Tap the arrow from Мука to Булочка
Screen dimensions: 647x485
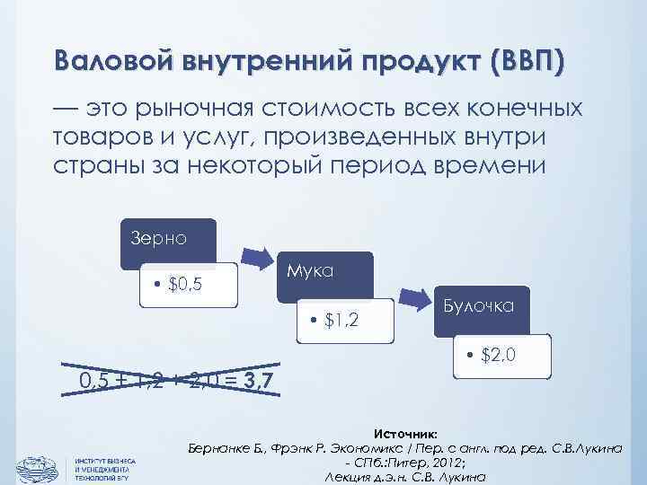pyautogui.click(x=415, y=295)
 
